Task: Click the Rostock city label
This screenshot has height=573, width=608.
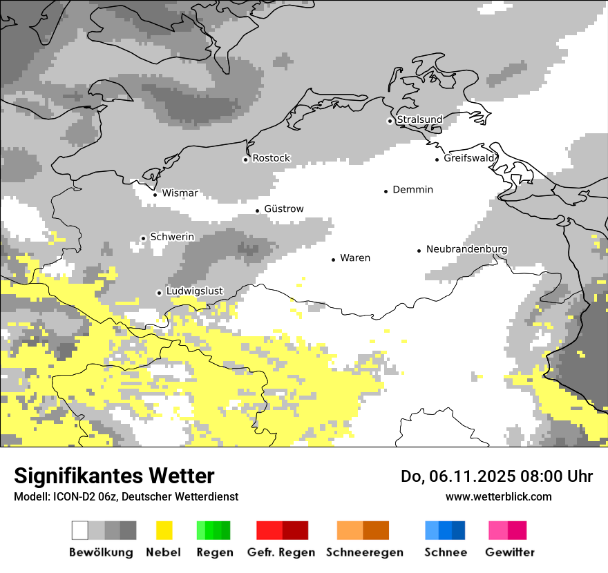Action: click(271, 158)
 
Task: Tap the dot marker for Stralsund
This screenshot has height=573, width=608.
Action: click(390, 121)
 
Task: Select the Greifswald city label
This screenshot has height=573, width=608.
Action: click(470, 158)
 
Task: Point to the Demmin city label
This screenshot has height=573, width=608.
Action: click(412, 189)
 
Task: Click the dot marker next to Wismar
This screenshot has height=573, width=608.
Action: click(155, 195)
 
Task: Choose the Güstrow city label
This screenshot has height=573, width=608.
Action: click(283, 208)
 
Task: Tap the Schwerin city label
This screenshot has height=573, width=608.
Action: click(172, 237)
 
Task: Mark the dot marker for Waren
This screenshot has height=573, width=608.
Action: click(333, 260)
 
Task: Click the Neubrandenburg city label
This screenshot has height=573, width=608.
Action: click(466, 249)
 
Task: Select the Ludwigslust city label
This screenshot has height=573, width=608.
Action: click(194, 291)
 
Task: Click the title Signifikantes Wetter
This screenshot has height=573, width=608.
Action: click(114, 476)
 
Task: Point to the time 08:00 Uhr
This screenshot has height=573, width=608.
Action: click(547, 476)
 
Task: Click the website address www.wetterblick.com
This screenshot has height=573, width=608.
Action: click(498, 496)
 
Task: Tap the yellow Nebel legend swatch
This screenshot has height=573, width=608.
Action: click(164, 530)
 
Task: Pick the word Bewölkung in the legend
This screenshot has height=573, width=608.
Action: click(101, 552)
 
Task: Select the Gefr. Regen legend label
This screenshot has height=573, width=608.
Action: click(281, 552)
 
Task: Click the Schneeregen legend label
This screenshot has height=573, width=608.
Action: click(365, 552)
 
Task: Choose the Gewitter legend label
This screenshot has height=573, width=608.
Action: click(510, 552)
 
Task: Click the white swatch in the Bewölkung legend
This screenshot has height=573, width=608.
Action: click(80, 530)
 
